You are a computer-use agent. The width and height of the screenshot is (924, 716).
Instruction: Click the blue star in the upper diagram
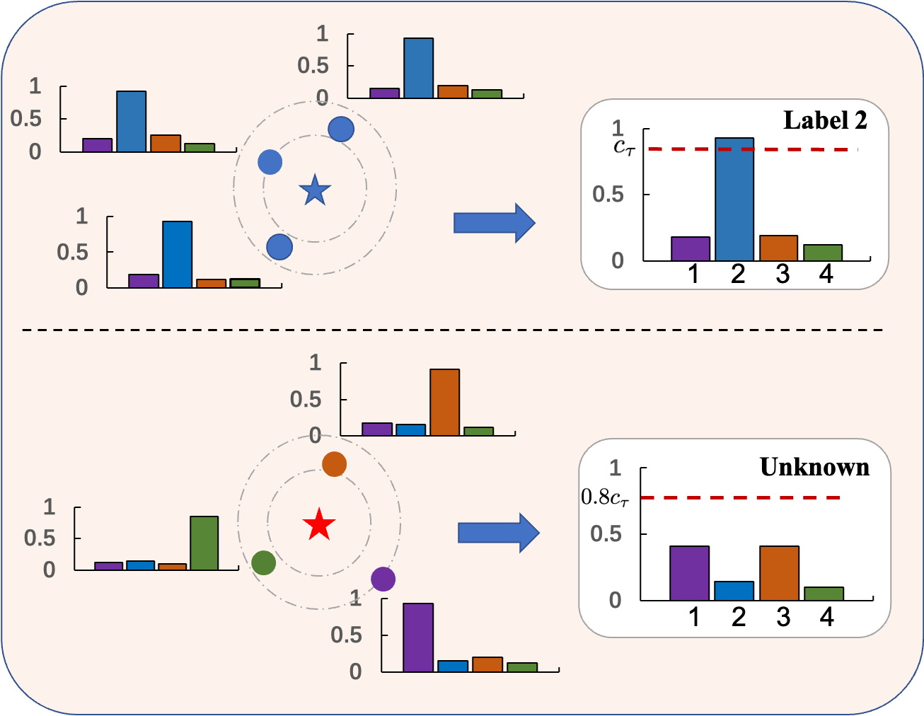[315, 190]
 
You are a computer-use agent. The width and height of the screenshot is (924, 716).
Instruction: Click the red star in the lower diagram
[319, 525]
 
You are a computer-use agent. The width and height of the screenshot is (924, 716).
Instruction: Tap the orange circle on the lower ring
[334, 464]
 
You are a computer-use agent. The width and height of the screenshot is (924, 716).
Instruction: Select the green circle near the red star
[263, 563]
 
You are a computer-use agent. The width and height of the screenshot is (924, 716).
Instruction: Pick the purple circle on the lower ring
[383, 579]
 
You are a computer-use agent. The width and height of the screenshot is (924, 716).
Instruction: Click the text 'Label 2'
[825, 120]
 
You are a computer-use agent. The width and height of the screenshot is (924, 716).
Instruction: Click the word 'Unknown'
[814, 467]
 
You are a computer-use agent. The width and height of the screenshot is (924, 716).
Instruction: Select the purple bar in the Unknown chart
[689, 573]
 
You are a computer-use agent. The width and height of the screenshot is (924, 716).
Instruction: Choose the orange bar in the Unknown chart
[779, 573]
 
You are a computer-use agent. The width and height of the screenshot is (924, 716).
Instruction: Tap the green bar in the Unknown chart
[824, 594]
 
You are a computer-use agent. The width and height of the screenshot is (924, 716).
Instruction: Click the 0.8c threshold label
[605, 497]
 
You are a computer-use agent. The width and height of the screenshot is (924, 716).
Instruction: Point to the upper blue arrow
[494, 223]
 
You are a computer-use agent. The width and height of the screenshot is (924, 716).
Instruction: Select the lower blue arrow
[498, 532]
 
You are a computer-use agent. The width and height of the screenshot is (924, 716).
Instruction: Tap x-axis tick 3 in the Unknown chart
[782, 617]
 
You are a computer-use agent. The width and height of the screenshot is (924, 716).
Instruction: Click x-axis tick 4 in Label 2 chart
[826, 274]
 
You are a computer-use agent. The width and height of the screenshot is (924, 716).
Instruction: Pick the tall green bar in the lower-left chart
[204, 543]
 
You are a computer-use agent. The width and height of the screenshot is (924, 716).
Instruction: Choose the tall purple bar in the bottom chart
[418, 637]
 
